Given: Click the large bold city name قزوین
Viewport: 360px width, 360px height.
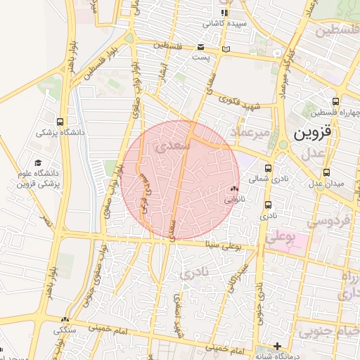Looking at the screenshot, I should pos(311,133).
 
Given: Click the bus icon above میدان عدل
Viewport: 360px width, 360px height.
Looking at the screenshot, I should pos(328,172).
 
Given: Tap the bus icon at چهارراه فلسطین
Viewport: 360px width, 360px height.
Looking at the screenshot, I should pos(335,101).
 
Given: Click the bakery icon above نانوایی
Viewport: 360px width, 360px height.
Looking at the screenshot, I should pos(234,188).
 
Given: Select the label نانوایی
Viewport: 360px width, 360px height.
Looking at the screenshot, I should pos(235,199).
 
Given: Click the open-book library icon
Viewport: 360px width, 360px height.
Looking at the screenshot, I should pos(225,49).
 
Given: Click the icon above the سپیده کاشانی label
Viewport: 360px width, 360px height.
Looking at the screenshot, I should pos(224,13).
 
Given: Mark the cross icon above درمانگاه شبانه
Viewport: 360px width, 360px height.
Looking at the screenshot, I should pos(278,346).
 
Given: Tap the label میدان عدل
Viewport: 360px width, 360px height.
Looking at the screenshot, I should pos(328,184).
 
